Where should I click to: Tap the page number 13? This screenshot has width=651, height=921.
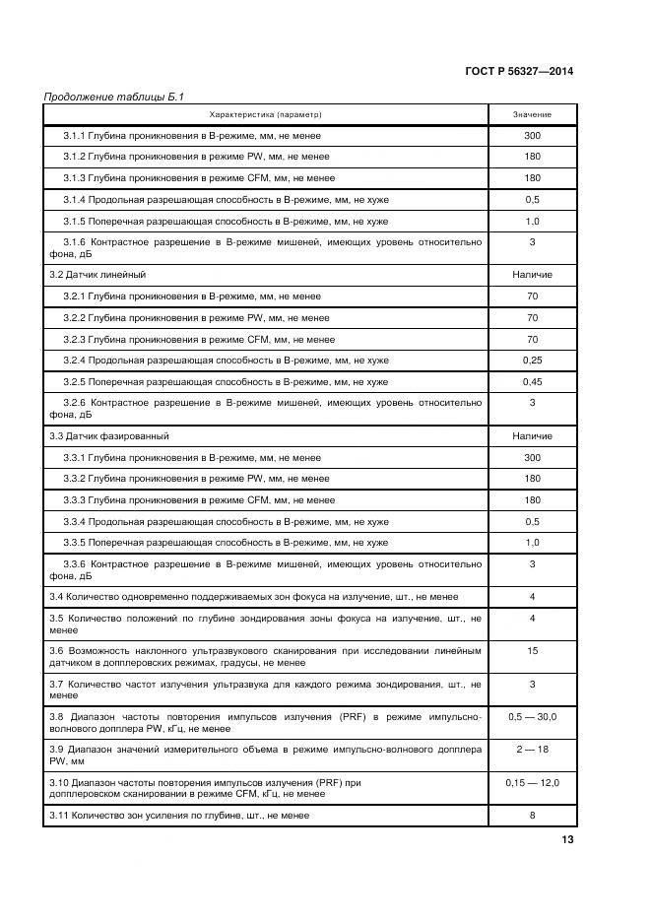[567, 839]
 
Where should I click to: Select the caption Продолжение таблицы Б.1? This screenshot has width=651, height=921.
[114, 97]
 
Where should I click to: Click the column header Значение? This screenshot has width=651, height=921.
[532, 115]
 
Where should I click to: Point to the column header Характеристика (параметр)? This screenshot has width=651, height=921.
[266, 115]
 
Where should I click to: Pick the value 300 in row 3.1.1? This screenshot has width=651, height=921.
[532, 135]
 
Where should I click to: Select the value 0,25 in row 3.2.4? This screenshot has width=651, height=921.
[532, 360]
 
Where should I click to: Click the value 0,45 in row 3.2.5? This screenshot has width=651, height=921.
[532, 381]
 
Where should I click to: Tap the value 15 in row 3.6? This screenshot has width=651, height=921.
[532, 651]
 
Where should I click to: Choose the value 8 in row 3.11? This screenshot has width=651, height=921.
[532, 816]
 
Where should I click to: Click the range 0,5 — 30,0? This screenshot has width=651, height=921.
[532, 716]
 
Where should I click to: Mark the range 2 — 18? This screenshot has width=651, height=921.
[532, 750]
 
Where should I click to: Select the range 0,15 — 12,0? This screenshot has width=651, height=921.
[532, 782]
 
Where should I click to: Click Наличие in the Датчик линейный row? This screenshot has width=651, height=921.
[532, 274]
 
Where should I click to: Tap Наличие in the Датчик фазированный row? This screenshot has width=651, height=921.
[532, 435]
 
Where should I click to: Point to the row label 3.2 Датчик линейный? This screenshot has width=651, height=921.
[98, 274]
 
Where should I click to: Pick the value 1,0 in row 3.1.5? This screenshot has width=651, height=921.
[532, 221]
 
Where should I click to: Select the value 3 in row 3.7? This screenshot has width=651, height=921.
[532, 684]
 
